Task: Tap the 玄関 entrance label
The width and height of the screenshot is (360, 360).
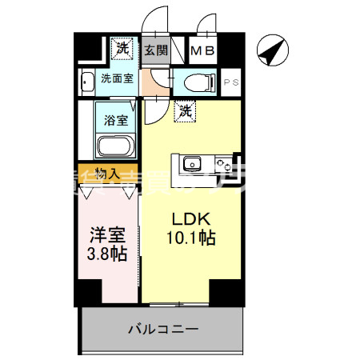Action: pos(155,50)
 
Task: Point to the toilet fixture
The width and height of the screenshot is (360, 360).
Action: pos(196,82)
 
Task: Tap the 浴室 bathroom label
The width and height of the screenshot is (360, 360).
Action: pos(116,121)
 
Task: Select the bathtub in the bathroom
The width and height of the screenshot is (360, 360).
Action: pos(116,146)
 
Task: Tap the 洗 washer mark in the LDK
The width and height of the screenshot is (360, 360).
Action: pos(185,112)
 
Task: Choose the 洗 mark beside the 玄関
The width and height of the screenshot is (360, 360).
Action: pos(122,48)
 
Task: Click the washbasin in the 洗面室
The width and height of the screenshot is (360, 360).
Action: pos(86,81)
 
